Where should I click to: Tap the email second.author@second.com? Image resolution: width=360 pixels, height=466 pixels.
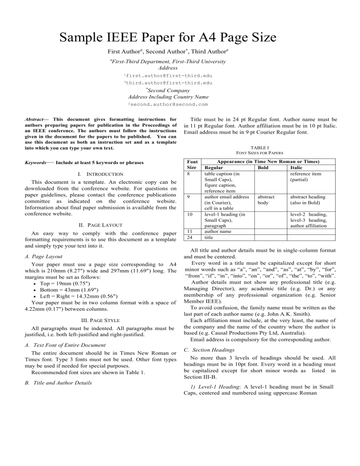click(x=168, y=104)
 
